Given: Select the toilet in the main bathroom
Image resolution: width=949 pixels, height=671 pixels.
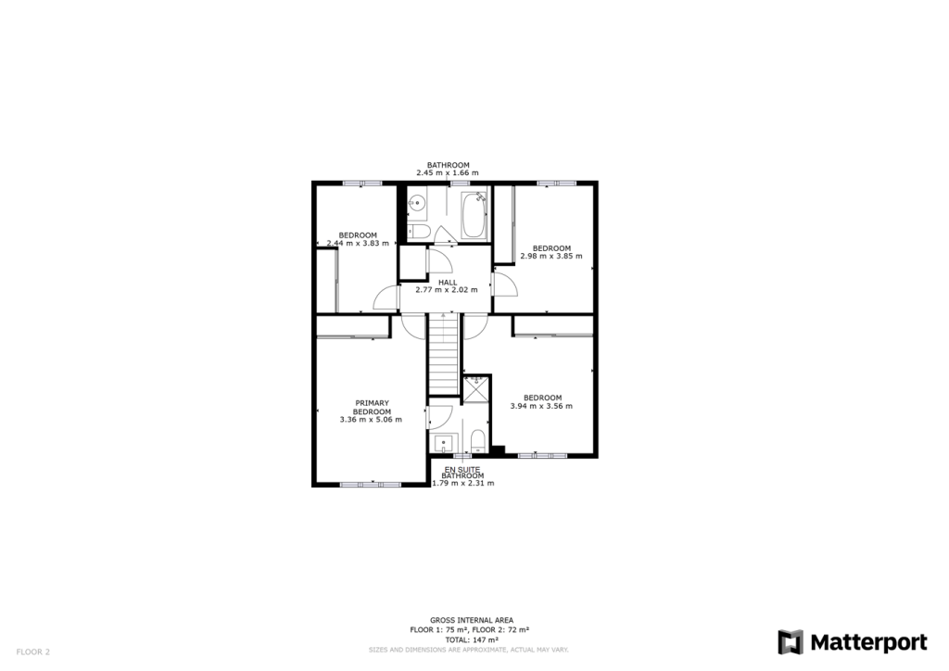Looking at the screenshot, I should coord(417,231).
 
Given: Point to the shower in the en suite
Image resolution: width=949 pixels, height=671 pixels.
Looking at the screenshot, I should coord(476,387).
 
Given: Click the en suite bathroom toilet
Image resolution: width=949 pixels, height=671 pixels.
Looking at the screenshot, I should coord(477,439).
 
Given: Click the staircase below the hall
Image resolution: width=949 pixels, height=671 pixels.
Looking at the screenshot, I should coord(444,353).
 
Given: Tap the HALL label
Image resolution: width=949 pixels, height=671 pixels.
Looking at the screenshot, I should coord(448,282).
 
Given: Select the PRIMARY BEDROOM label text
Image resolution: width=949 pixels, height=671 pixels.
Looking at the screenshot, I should coord(373,407).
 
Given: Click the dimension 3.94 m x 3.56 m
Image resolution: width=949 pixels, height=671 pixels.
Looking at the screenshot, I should coord(541,406).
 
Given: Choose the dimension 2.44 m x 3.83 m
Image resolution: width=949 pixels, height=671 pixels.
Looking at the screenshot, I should coord(358,243).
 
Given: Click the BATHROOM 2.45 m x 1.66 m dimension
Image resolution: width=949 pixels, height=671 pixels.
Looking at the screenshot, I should coord(448,172).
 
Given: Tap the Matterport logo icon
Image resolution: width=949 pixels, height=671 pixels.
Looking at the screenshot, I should coord(791,642).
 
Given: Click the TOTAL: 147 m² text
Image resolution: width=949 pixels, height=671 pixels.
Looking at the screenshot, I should coord(472,639).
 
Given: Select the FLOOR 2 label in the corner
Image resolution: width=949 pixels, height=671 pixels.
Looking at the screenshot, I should coord(32,652).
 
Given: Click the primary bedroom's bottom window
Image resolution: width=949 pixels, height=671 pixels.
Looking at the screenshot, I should coord(371,484).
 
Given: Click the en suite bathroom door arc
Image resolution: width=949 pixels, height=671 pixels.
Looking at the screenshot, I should coord(439,417).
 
